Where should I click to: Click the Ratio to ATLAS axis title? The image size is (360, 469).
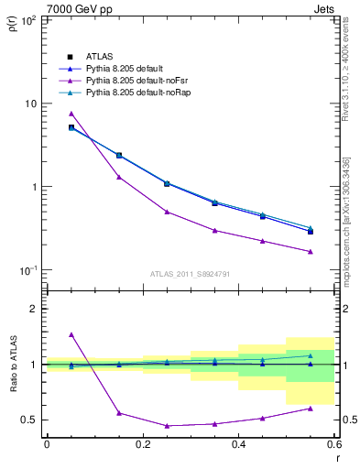click(12, 365)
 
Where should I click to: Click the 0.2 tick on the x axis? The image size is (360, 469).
click(142, 446)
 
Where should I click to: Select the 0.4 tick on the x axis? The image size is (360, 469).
click(238, 446)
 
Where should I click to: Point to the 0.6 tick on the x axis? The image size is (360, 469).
click(333, 446)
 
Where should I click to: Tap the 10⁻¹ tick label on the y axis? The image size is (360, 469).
click(27, 270)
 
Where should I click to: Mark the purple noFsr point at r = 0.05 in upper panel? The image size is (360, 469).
click(71, 114)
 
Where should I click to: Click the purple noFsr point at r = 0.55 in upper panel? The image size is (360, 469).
click(311, 252)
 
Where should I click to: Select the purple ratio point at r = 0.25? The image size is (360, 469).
click(167, 426)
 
